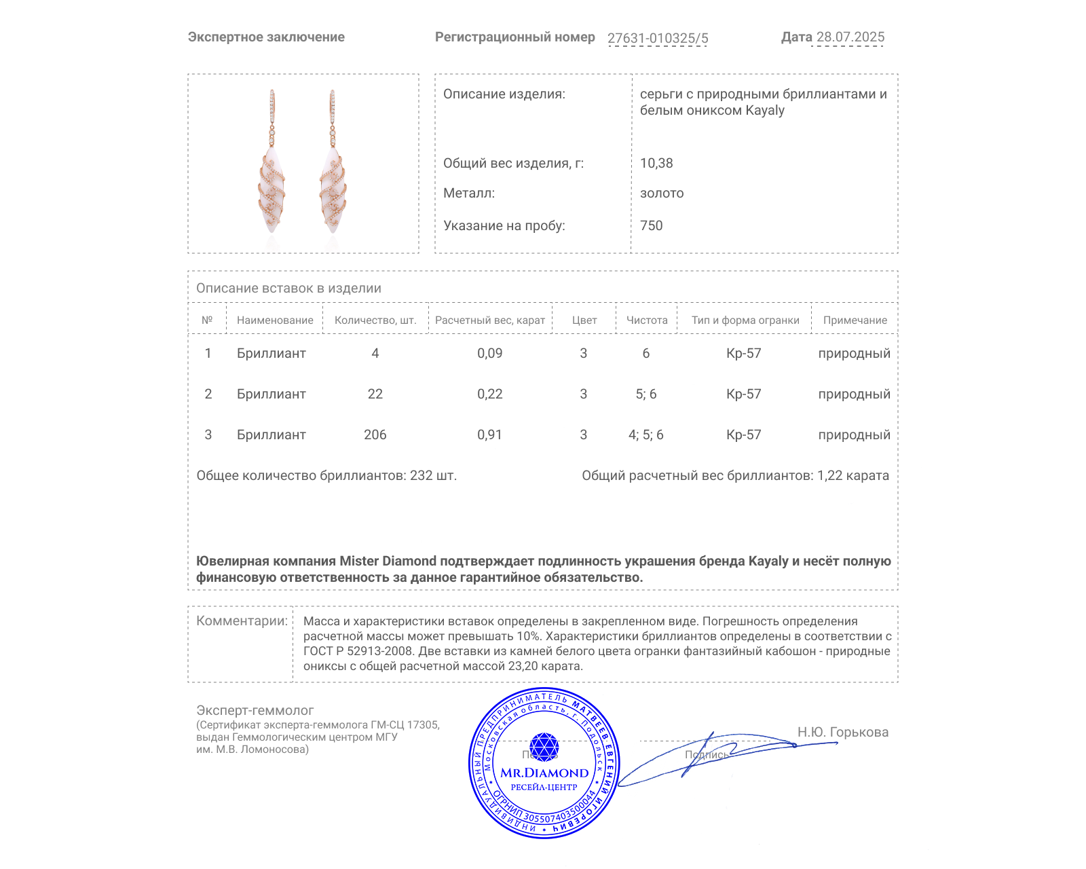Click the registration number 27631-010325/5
pos(657,38)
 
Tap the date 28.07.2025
pos(850,37)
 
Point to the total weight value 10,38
pos(656,163)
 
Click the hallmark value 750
pos(651,225)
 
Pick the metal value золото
pos(662,193)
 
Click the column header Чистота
pos(647,320)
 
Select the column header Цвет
pos(584,320)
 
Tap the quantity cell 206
pos(375,434)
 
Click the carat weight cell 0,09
pos(489,353)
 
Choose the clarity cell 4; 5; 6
pos(645,434)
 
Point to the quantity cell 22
pos(375,394)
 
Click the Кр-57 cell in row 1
pos(743,353)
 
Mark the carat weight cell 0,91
pos(489,434)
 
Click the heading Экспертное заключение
pos(266,37)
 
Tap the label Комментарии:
pos(242,621)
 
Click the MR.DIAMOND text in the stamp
pos(544,773)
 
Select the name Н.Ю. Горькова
pos(842,732)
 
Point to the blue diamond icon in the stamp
pos(544,747)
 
